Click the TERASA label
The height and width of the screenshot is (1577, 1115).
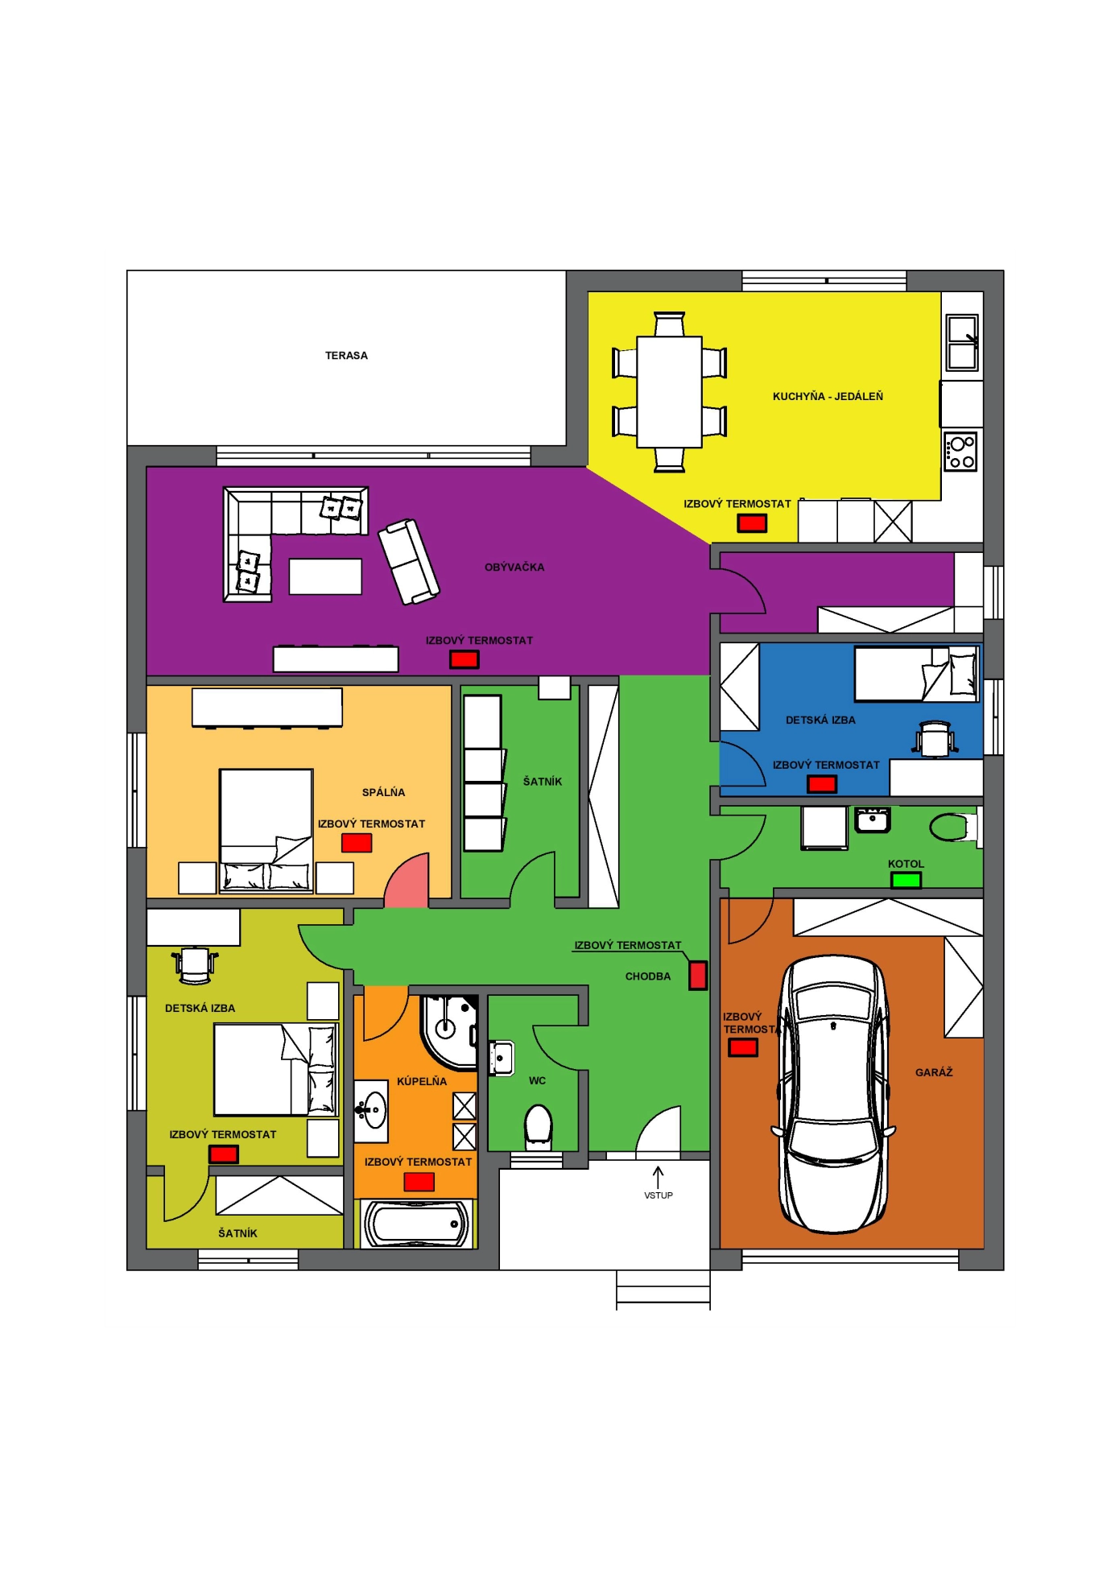[x=346, y=356]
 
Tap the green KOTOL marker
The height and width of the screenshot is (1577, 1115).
[x=906, y=880]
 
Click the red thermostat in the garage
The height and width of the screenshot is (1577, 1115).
[x=743, y=1047]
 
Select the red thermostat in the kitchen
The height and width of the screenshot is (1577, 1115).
[x=752, y=523]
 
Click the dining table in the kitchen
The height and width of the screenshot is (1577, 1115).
[x=669, y=392]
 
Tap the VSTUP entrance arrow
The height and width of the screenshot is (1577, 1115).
[x=658, y=1176]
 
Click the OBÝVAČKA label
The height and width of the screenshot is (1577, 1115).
[x=514, y=568]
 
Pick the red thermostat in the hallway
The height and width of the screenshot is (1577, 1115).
[x=698, y=976]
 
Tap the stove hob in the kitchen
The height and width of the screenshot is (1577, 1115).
[x=960, y=452]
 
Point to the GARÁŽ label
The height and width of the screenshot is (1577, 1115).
[x=934, y=1072]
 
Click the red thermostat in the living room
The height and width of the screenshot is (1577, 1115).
[x=464, y=660]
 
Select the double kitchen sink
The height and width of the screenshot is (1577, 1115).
[x=962, y=342]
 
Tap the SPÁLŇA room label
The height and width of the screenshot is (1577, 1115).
[x=383, y=792]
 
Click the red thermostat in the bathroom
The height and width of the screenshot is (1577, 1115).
[x=419, y=1182]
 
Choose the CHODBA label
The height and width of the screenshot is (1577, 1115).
[x=648, y=976]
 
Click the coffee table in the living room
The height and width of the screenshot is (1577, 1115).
[x=325, y=576]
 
